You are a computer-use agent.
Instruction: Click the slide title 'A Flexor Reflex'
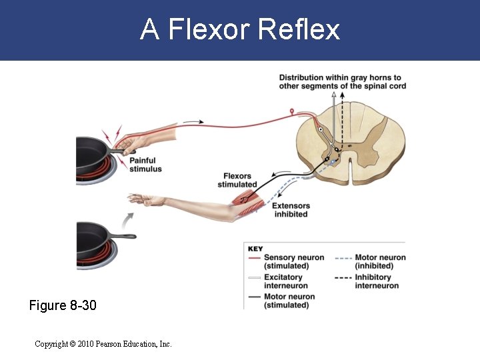[240, 30]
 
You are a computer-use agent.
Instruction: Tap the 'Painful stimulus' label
[145, 165]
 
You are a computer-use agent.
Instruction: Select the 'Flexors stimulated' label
[237, 180]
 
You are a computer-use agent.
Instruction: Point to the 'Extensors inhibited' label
[291, 210]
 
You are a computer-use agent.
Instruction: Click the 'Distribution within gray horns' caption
[342, 81]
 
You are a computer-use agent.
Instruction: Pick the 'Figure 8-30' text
[63, 305]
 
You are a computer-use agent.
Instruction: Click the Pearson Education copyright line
[103, 344]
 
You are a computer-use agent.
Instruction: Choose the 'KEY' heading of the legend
[255, 249]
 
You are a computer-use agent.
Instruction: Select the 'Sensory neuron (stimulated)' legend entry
[293, 261]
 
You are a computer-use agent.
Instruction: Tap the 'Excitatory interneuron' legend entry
[283, 281]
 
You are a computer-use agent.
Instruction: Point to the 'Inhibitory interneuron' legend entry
[377, 281]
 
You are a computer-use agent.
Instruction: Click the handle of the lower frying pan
[123, 235]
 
